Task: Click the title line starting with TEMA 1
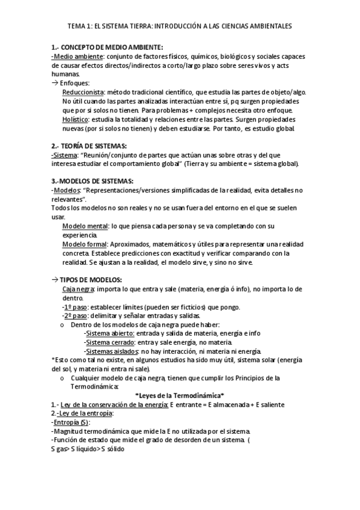(x=180, y=26)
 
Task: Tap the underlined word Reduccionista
(x=83, y=92)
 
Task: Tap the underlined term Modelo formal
(x=84, y=244)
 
